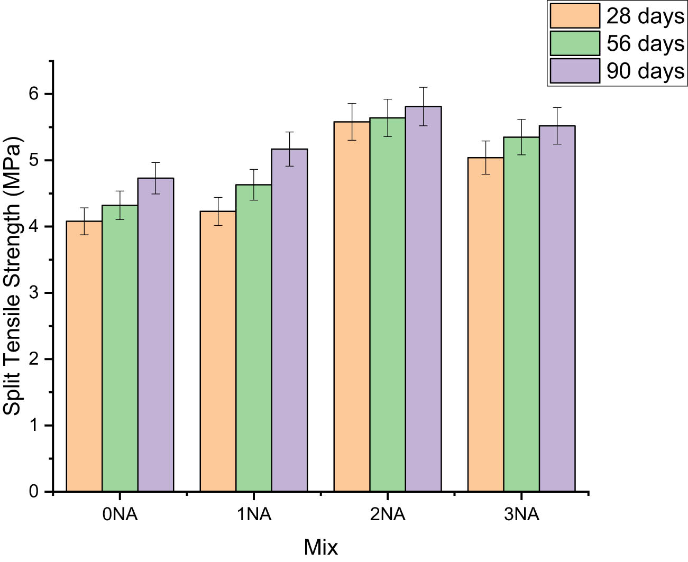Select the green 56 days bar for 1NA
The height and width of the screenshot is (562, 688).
pyautogui.click(x=254, y=338)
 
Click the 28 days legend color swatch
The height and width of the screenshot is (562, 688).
pyautogui.click(x=575, y=16)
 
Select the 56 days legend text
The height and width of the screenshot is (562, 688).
pyautogui.click(x=645, y=43)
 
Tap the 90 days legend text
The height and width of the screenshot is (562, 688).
pyautogui.click(x=645, y=71)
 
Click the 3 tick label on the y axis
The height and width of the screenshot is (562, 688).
pyautogui.click(x=34, y=293)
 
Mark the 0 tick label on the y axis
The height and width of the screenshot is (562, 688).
pyautogui.click(x=34, y=492)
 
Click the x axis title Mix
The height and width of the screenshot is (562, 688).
pyautogui.click(x=320, y=547)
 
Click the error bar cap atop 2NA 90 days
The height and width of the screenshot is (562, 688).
pyautogui.click(x=423, y=87)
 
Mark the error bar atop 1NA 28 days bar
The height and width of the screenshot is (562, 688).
pyautogui.click(x=218, y=211)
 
